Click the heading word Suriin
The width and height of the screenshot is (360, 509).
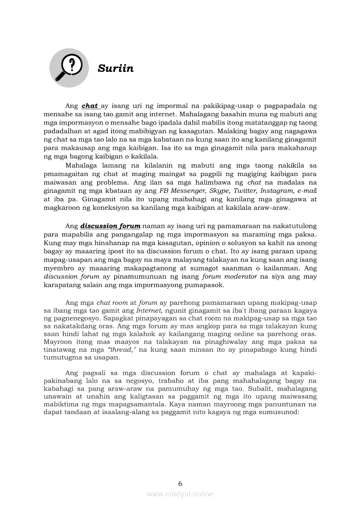coord(115,69)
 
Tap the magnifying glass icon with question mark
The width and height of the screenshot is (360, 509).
coord(69,67)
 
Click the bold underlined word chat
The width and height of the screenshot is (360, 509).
coord(90,106)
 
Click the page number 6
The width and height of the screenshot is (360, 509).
coord(180,483)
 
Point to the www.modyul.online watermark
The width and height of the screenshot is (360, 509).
coord(180,494)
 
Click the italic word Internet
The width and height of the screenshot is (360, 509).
coord(149,310)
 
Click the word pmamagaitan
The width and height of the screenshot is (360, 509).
coord(66,174)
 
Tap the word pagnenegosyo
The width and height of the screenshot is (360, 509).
coord(67,318)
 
